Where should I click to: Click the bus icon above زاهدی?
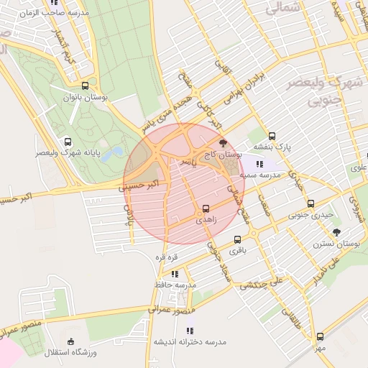click(x=206, y=208)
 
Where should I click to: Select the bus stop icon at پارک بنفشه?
click(x=272, y=136)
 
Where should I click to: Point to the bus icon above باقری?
click(x=238, y=240)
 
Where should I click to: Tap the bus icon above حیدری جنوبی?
click(x=310, y=203)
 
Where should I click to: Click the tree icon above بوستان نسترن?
click(x=336, y=232)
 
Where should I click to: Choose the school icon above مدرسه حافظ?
click(x=175, y=274)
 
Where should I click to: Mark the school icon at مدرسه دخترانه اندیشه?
click(x=155, y=342)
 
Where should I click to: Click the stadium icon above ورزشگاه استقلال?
click(x=70, y=341)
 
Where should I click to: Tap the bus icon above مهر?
click(x=320, y=336)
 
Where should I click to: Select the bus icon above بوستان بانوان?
click(x=86, y=85)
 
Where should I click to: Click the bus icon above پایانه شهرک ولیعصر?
click(x=68, y=142)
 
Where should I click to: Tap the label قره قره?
click(x=165, y=257)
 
